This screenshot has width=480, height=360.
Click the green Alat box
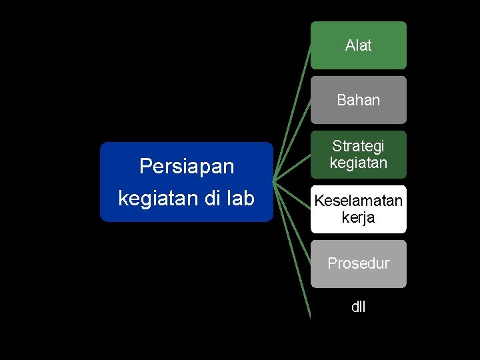(x=358, y=45)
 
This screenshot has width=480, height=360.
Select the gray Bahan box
(x=358, y=100)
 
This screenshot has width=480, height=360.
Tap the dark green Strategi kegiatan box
(x=358, y=154)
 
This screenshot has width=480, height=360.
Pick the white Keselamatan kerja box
(x=358, y=209)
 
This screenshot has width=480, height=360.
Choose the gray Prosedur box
(x=358, y=263)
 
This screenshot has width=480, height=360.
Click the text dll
(x=358, y=307)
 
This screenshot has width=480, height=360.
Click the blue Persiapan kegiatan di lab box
(x=186, y=181)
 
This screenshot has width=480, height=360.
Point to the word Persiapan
(x=186, y=166)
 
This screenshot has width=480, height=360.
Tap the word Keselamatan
(x=358, y=201)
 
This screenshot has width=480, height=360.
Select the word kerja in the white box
(x=358, y=218)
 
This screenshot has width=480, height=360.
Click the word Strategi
(x=358, y=145)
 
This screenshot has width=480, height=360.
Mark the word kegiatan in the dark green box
(x=358, y=162)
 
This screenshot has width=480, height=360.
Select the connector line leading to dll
(x=293, y=249)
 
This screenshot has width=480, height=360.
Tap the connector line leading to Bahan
(x=293, y=139)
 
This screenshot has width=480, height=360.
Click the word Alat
(x=358, y=45)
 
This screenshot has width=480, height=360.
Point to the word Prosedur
(x=358, y=263)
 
